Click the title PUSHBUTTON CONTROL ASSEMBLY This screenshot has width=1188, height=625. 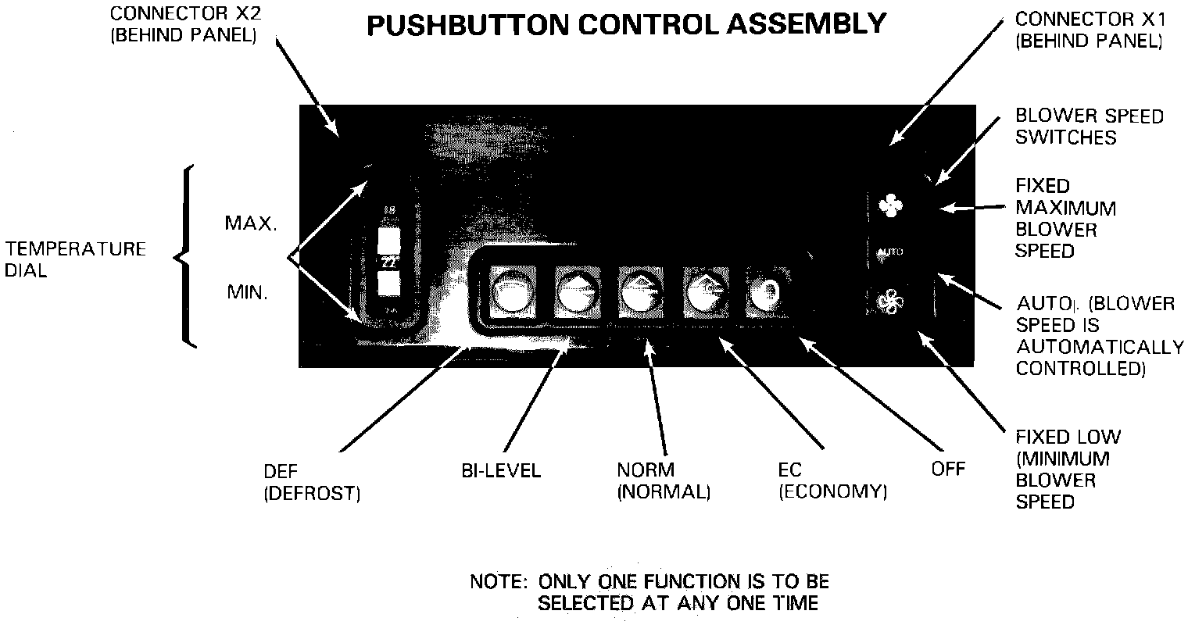point(626,25)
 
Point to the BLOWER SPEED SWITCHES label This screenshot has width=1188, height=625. point(1089,127)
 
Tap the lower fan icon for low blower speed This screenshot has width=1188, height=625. point(889,301)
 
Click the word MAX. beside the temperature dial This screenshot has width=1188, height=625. point(250,223)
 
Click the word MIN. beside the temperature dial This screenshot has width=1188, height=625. point(247,293)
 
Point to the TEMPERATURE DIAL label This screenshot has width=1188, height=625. point(74,259)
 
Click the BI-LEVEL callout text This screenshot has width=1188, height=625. point(500,471)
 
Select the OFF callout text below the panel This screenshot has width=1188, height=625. point(948,469)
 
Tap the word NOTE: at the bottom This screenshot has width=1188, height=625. point(498,582)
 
